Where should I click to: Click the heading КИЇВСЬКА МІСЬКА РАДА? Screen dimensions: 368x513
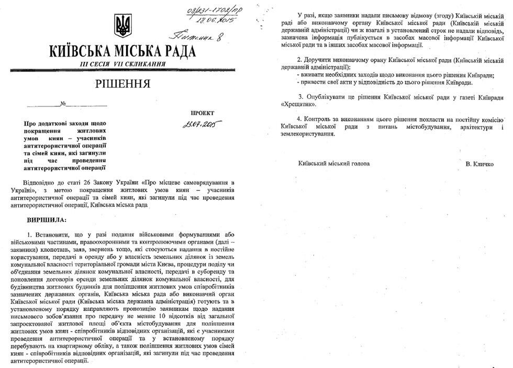pos(122,51)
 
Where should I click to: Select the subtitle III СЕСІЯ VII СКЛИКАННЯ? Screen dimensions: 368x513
pos(122,63)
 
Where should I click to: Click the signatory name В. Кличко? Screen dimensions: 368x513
pos(482,164)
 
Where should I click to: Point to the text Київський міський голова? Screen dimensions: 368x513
pos(333,164)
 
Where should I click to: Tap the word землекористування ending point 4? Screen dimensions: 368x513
pos(307,134)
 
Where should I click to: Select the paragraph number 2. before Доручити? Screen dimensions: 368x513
pos(299,60)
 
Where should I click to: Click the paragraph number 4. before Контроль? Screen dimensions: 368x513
pos(299,117)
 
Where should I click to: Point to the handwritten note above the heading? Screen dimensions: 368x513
pos(194,36)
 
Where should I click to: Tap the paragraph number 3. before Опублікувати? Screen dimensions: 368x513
pos(300,97)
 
